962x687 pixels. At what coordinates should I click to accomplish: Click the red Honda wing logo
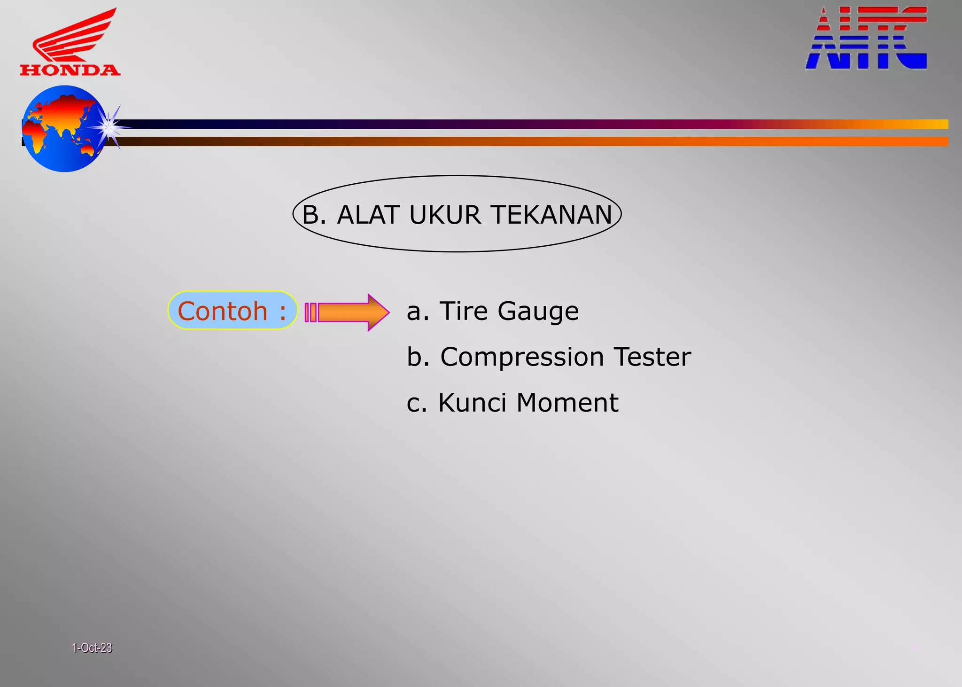pos(73,35)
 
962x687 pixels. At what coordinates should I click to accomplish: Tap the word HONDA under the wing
pos(70,70)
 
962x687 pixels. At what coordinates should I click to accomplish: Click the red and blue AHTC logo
pos(866,39)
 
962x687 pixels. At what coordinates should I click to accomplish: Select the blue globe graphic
pos(61,129)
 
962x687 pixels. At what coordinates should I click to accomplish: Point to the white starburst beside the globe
pos(109,126)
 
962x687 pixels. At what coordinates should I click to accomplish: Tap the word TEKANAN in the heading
pos(551,215)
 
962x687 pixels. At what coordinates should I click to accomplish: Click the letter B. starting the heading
pos(314,215)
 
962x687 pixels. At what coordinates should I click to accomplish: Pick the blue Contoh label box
pos(232,311)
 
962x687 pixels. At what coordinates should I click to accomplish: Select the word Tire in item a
pos(463,311)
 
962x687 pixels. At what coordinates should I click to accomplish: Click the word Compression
pos(522,358)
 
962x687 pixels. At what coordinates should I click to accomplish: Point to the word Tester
pos(652,357)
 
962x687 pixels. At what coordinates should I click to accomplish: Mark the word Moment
pos(567,403)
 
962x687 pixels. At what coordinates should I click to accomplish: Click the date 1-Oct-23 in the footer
pos(92,648)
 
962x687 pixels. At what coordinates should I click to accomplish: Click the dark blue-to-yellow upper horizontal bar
pos(517,124)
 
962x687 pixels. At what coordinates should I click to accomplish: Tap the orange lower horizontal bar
pos(517,141)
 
